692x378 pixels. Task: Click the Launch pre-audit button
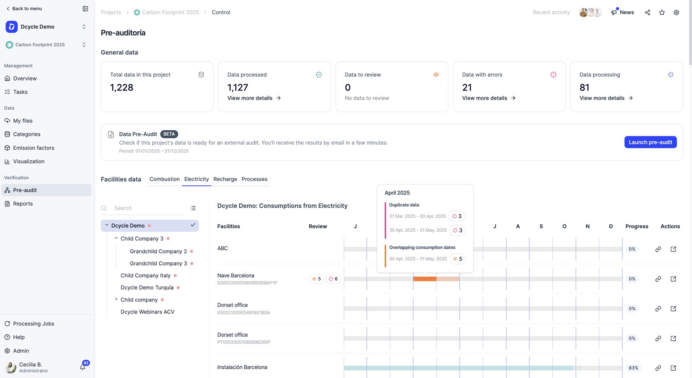click(650, 142)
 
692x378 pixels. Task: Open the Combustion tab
click(164, 179)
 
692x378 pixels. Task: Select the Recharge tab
click(225, 179)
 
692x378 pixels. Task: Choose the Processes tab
click(254, 179)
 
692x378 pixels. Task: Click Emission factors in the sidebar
click(33, 148)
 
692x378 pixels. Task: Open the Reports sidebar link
click(23, 204)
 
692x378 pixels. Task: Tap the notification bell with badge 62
click(83, 367)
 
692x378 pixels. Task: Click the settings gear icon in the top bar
click(676, 13)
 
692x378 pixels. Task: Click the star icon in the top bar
click(662, 13)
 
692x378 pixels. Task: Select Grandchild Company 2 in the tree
click(158, 251)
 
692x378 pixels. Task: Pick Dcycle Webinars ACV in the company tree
click(147, 312)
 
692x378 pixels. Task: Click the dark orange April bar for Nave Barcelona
click(425, 279)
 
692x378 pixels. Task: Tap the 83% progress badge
click(633, 368)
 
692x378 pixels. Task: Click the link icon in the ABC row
click(658, 249)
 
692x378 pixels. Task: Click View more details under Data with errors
click(489, 98)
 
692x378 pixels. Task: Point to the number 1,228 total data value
click(122, 87)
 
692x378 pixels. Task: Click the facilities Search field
click(148, 208)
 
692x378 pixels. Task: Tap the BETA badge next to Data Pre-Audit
click(169, 134)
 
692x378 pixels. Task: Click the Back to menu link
click(24, 9)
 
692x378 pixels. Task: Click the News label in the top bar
click(627, 13)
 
